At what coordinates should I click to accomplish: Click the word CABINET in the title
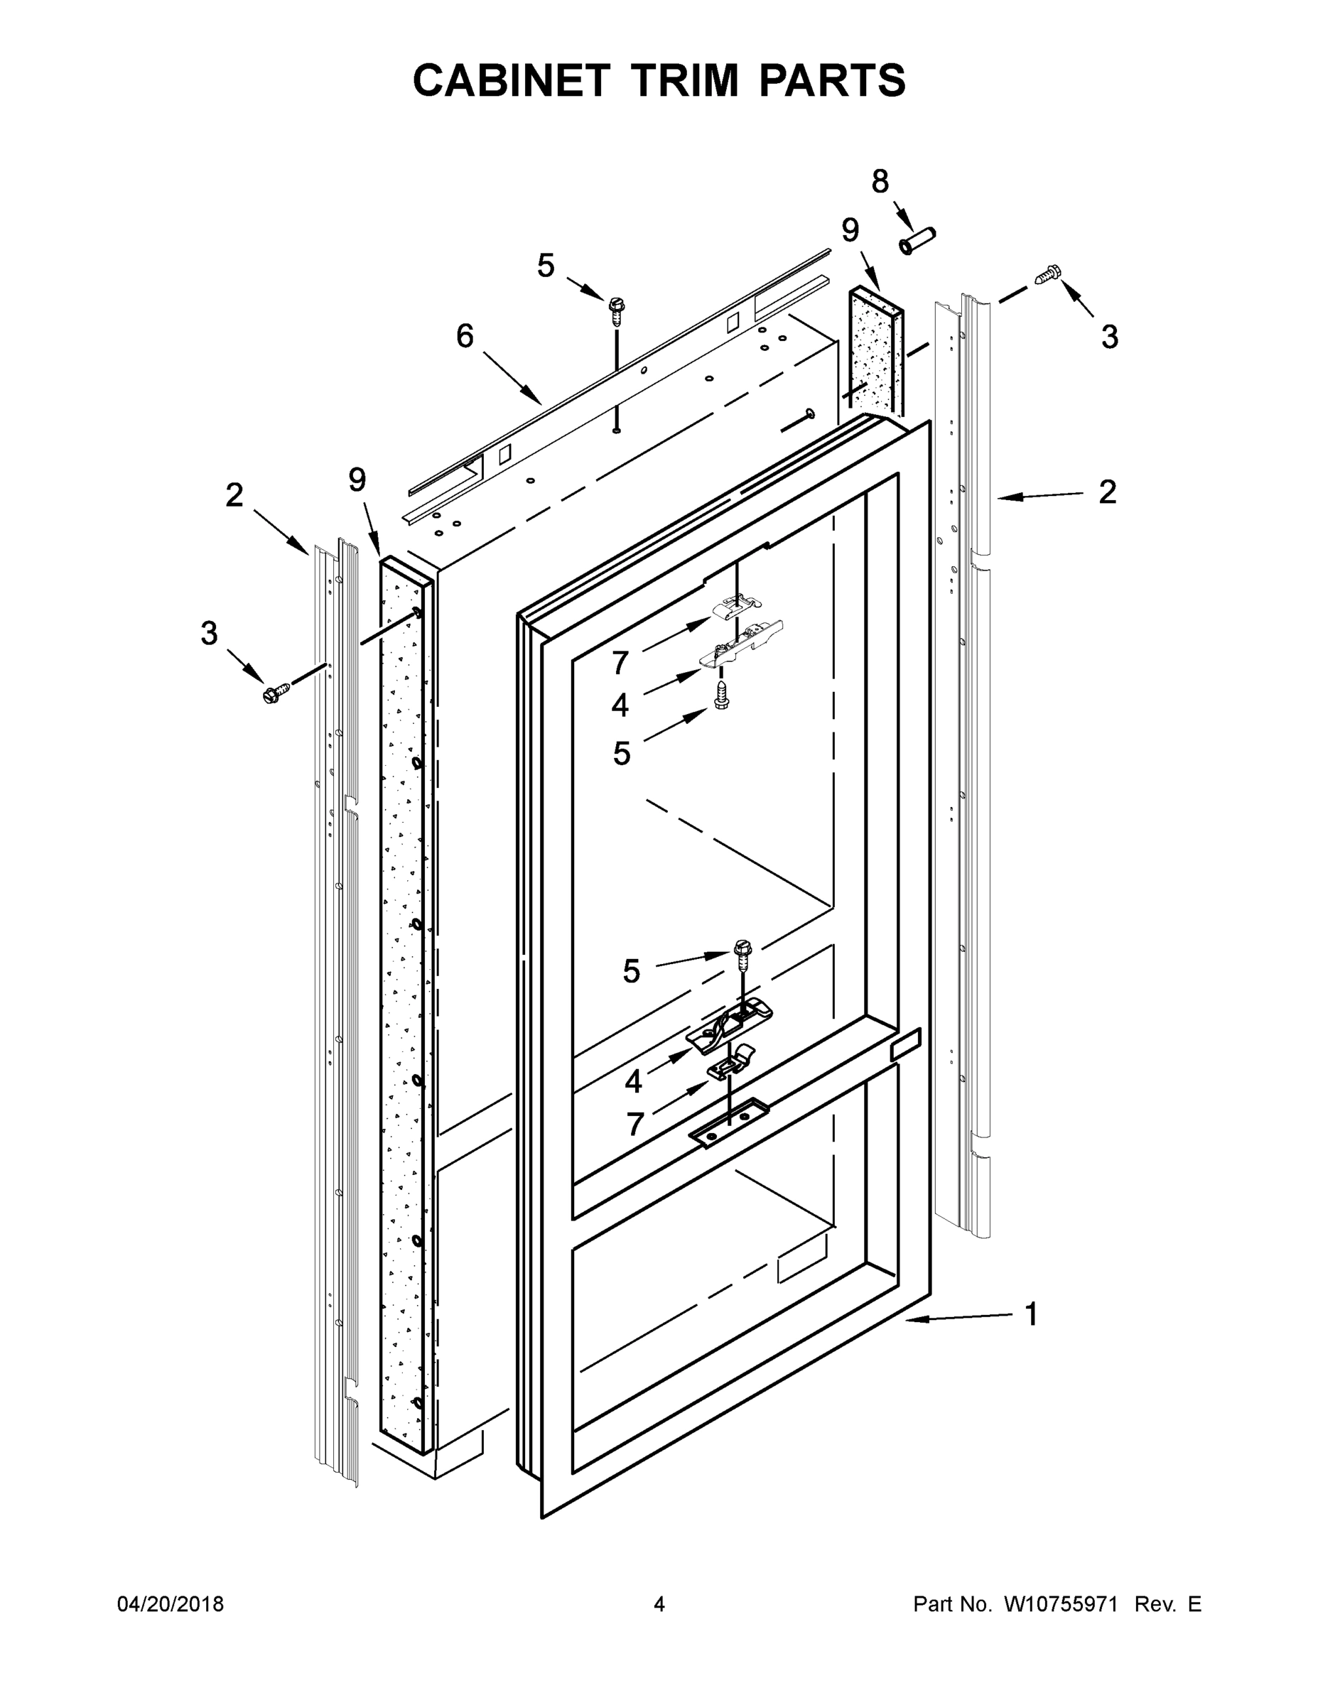[x=511, y=80]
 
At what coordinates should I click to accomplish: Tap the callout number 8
[x=880, y=182]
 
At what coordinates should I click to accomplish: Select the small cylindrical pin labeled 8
[x=917, y=240]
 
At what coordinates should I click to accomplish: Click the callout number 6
[x=465, y=337]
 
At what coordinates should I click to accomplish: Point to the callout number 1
[x=1032, y=1315]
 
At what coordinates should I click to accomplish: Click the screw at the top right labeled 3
[x=1047, y=275]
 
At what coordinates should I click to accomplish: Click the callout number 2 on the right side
[x=1107, y=492]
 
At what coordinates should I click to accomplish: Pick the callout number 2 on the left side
[x=234, y=495]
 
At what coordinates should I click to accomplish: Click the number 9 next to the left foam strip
[x=357, y=480]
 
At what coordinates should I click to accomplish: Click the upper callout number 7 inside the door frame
[x=620, y=663]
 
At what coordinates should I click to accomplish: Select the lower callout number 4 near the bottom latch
[x=633, y=1082]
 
